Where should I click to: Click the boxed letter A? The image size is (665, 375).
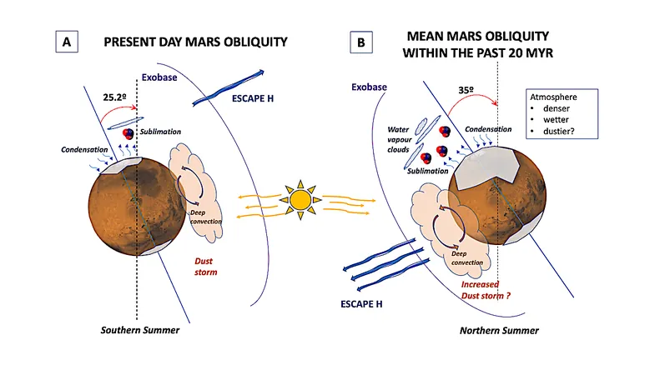(67, 42)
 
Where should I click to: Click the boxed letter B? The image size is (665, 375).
(361, 42)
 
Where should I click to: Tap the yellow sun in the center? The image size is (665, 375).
(300, 200)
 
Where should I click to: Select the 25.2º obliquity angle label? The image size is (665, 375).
(114, 97)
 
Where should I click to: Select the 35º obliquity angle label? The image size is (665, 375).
(466, 90)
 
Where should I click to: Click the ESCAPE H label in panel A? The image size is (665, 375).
(253, 98)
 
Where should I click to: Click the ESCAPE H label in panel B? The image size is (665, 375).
(361, 304)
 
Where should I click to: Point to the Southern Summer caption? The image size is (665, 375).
(140, 330)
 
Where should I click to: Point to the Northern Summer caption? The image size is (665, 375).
(499, 331)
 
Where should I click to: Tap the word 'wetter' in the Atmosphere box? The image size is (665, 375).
(556, 120)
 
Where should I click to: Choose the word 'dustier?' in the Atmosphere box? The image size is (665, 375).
(559, 132)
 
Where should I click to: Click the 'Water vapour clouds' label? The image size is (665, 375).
(399, 139)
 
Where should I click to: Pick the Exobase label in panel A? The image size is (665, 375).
(159, 77)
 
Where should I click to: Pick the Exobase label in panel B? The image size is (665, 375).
(369, 87)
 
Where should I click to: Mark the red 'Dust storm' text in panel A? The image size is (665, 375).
(206, 267)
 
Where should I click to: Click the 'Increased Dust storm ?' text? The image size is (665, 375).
(486, 290)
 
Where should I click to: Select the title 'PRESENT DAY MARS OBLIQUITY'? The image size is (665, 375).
(195, 42)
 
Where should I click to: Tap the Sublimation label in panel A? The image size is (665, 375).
(161, 132)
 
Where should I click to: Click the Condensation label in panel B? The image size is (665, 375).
(488, 129)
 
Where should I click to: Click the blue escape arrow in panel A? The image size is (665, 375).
(228, 88)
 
